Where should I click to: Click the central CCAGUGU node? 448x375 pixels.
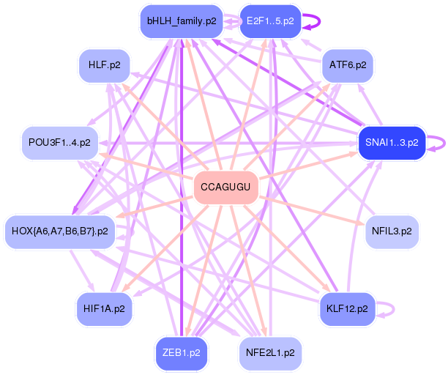click(x=225, y=187)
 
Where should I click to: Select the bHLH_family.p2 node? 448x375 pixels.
click(x=182, y=21)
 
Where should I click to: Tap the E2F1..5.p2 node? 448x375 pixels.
click(x=270, y=21)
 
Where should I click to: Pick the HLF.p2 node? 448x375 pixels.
click(x=104, y=65)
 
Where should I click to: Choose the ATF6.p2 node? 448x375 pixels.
click(x=348, y=65)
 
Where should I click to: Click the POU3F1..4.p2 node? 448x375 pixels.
click(x=60, y=143)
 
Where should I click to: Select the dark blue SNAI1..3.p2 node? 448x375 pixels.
click(x=392, y=143)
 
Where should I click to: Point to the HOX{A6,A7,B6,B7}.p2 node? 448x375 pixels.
click(x=60, y=231)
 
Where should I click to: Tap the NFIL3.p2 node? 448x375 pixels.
click(x=392, y=231)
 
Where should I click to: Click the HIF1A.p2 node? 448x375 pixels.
click(x=104, y=309)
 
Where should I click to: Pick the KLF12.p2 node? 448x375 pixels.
click(x=347, y=309)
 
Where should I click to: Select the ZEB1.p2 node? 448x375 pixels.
click(x=182, y=353)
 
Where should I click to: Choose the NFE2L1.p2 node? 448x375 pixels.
click(x=270, y=353)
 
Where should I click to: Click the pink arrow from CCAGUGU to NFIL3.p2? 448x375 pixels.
click(x=312, y=211)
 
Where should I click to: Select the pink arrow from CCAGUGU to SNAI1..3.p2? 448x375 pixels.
click(x=308, y=166)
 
